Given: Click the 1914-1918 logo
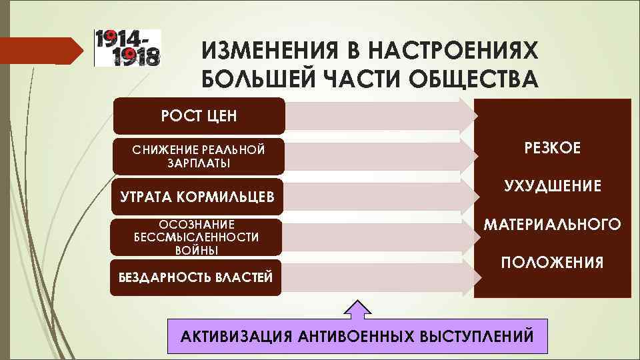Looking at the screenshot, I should (x=127, y=47).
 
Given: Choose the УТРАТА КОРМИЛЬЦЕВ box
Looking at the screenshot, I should (x=197, y=197).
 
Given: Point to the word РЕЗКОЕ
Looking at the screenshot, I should (x=552, y=147).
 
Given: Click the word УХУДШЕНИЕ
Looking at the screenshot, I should (x=552, y=185).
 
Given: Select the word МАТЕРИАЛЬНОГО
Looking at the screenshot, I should (x=552, y=223).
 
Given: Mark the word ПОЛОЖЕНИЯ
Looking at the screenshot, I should (x=552, y=261).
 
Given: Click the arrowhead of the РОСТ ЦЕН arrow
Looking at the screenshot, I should (x=469, y=115).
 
